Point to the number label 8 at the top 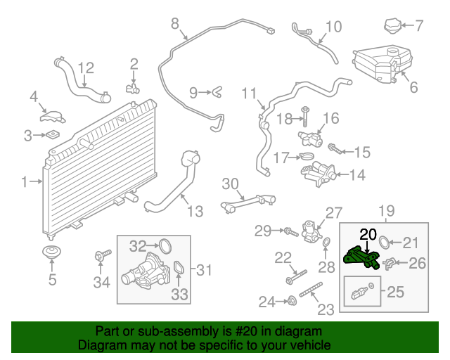175,24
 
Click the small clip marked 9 217,91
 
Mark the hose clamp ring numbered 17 304,157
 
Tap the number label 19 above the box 387,210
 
